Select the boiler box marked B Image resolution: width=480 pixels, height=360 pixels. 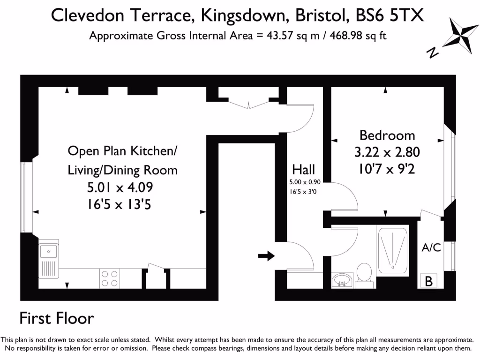click(x=428, y=281)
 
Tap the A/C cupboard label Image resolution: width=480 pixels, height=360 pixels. click(x=431, y=247)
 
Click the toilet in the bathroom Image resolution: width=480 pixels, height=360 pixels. click(x=364, y=273)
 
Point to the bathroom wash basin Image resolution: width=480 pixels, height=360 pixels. click(x=342, y=280)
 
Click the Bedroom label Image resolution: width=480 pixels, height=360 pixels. click(x=387, y=135)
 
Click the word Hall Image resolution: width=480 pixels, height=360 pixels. click(x=303, y=169)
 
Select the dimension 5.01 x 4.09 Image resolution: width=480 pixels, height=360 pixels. click(x=120, y=188)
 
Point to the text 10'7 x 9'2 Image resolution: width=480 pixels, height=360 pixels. click(x=387, y=169)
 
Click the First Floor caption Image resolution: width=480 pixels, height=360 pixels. click(x=57, y=319)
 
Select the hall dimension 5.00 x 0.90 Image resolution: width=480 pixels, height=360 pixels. click(x=304, y=182)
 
